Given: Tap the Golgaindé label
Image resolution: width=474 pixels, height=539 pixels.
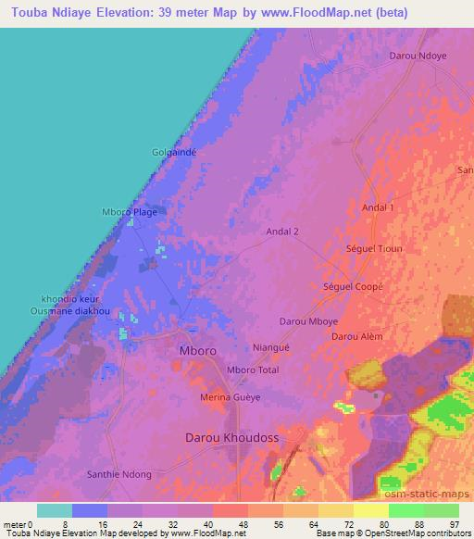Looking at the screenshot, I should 174,152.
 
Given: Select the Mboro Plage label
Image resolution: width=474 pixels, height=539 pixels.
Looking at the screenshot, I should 129,212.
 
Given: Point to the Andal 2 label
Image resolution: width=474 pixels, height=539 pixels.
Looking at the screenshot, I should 281,232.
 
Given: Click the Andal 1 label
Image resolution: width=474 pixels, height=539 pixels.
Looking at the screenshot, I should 378,208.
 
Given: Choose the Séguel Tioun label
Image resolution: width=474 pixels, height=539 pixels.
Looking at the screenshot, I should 374,250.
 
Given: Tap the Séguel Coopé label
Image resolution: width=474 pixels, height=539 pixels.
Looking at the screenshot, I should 353,286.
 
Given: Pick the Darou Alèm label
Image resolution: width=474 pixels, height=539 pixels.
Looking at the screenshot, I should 357,336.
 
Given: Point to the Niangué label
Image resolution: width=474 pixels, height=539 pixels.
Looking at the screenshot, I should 271,348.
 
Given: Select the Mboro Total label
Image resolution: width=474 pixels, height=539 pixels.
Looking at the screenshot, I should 253,370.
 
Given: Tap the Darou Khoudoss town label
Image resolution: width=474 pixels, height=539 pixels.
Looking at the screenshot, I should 232,436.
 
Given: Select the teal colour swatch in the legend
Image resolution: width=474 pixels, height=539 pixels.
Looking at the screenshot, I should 55,510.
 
